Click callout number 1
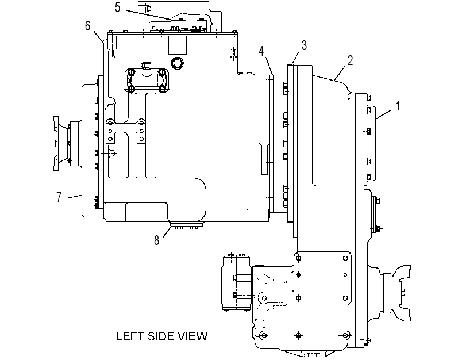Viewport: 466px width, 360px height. tap(398, 106)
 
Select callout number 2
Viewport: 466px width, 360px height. tap(351, 60)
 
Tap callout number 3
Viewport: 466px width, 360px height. tap(304, 45)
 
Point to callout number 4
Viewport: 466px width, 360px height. tap(261, 51)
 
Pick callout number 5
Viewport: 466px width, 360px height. tap(118, 7)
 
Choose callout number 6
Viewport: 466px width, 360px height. tap(87, 26)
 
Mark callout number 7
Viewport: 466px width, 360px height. tap(59, 197)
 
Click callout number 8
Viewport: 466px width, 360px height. tap(157, 240)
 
